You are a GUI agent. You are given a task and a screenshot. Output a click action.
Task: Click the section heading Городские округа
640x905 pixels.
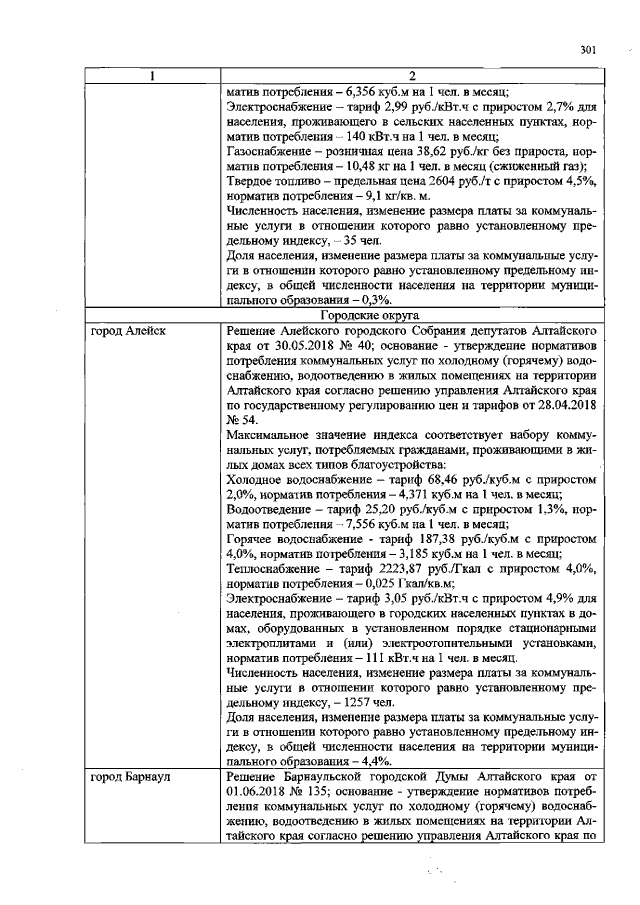(x=412, y=313)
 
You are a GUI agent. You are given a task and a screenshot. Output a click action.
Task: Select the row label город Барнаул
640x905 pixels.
(x=132, y=776)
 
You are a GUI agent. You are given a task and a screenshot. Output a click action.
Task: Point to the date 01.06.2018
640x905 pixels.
(x=260, y=791)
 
